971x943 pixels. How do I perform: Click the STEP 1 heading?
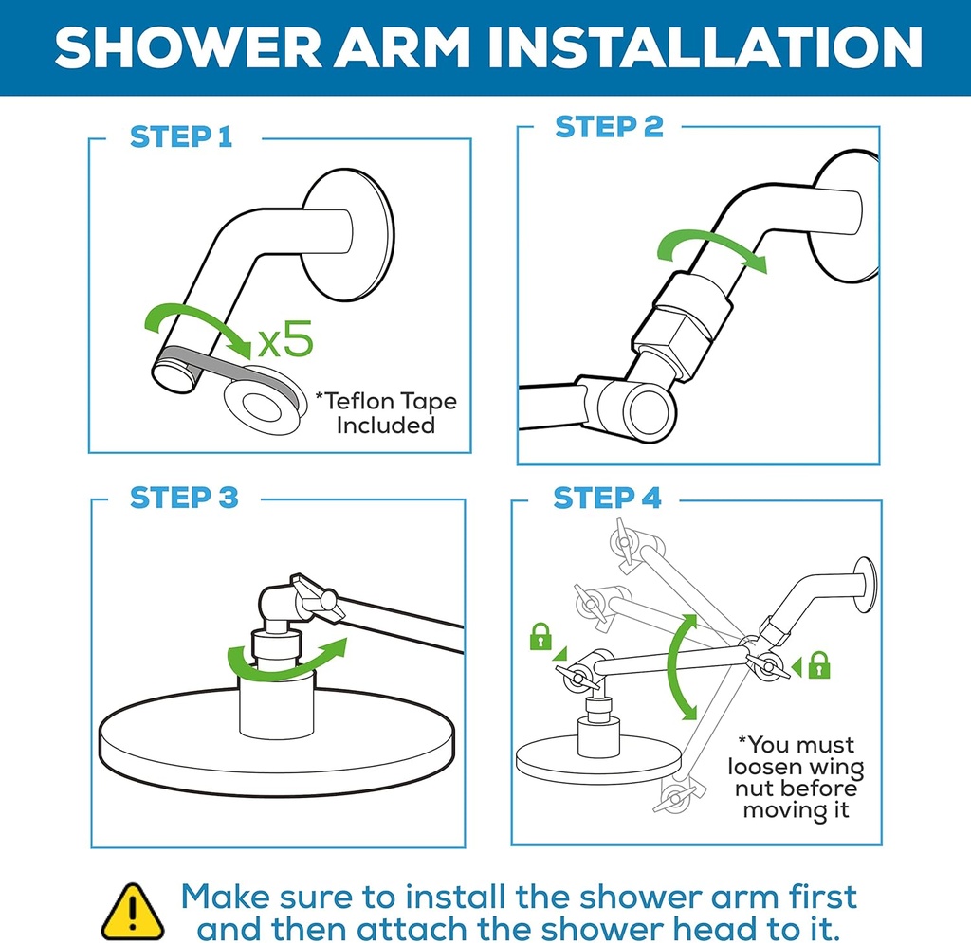click(180, 136)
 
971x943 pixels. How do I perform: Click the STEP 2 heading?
click(609, 127)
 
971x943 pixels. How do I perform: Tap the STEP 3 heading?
click(184, 498)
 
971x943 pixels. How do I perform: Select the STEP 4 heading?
click(607, 498)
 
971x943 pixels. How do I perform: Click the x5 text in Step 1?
click(284, 340)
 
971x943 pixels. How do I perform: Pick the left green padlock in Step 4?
click(540, 636)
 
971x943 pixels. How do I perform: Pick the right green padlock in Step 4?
click(819, 665)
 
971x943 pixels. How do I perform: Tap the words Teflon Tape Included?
click(385, 412)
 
